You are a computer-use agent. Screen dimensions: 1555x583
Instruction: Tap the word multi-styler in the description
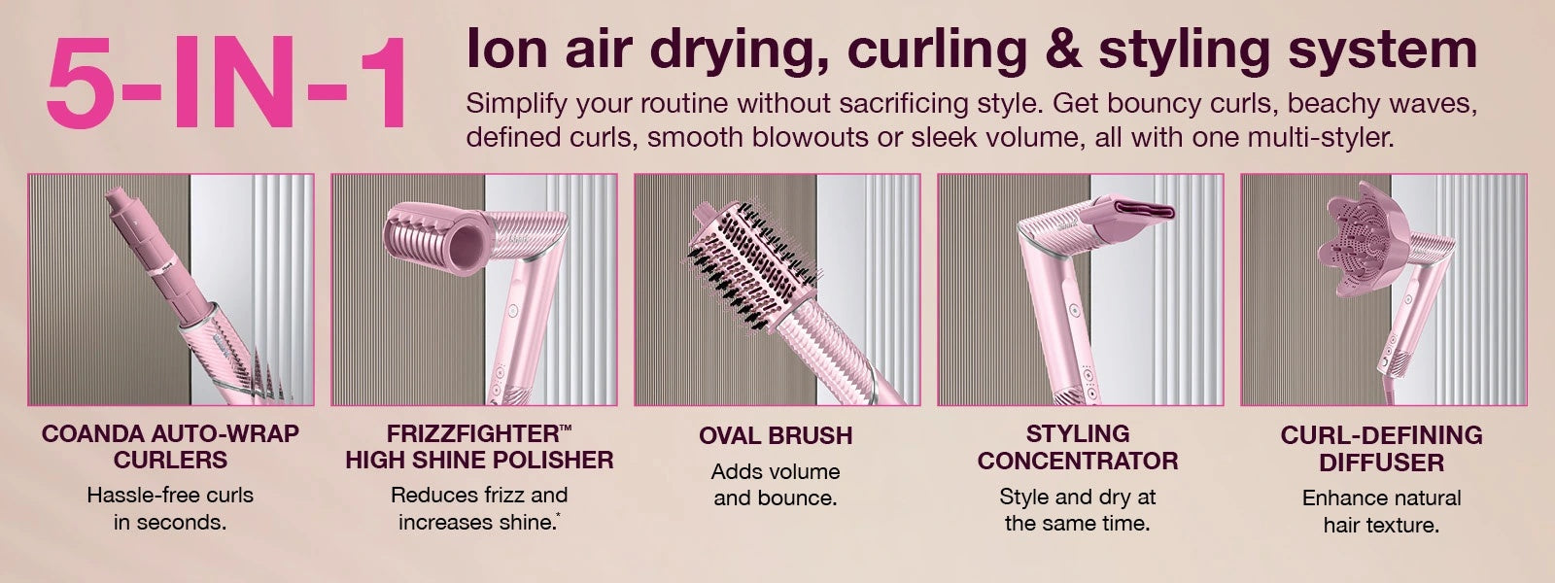pos(1320,137)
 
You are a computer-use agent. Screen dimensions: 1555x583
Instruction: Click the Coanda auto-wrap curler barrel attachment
pos(158,257)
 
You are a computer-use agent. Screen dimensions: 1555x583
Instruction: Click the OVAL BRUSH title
pos(776,436)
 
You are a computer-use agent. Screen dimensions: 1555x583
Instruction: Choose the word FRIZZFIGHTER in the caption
pos(472,433)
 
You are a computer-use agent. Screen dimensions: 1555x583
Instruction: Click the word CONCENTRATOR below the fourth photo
pos(1078,461)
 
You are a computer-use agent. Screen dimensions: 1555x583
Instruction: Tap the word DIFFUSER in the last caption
pos(1381,463)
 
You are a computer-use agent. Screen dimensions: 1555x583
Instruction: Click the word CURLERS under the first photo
pos(170,461)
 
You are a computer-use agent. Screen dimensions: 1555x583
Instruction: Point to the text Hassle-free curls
pos(170,496)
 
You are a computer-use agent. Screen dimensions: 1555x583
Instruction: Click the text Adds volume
pos(776,472)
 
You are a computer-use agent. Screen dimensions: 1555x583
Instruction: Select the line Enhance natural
pos(1381,498)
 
